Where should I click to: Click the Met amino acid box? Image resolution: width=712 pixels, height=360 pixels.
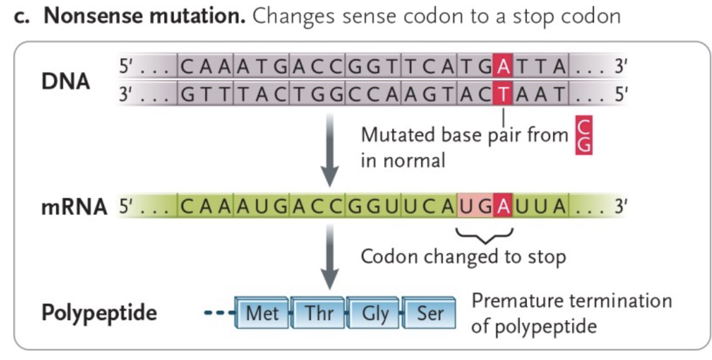point(262,313)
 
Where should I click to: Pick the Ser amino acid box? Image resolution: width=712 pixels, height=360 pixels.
point(430,313)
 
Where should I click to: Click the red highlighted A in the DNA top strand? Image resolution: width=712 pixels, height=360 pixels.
point(503,67)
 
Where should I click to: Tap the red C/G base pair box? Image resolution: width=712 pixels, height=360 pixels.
point(584,136)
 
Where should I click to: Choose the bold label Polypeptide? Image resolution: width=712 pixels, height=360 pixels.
point(99,313)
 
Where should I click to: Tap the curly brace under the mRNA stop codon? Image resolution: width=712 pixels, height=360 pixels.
point(486,234)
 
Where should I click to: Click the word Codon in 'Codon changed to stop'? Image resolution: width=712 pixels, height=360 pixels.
point(387,257)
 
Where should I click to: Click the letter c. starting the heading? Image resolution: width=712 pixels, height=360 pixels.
point(22,16)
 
